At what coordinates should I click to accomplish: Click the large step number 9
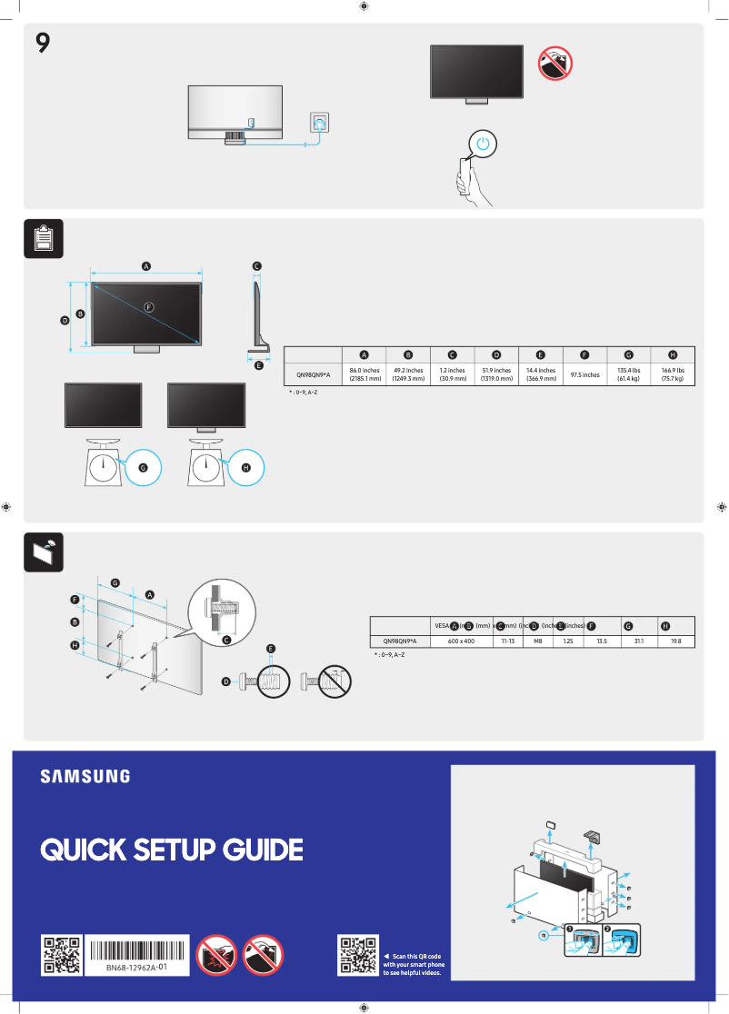pos(43,43)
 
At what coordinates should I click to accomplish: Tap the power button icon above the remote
pos(484,144)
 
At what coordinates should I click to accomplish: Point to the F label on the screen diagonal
pos(150,307)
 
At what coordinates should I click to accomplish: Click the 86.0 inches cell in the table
pos(364,374)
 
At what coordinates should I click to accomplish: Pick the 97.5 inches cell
pos(584,374)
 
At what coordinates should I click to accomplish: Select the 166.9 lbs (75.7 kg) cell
pos(673,374)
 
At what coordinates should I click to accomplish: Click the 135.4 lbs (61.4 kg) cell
pos(628,374)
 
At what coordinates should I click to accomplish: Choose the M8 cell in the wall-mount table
pos(538,641)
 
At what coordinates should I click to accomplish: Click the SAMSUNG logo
pos(85,777)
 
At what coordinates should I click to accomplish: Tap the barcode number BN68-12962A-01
pos(136,969)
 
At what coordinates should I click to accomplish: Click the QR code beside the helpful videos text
pos(358,955)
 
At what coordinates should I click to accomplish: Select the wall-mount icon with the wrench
pos(43,551)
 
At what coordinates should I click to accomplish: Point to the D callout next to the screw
pos(225,681)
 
